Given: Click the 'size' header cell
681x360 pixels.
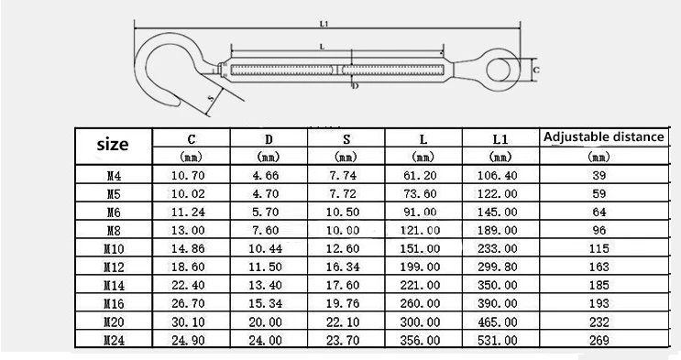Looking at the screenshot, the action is point(113,145).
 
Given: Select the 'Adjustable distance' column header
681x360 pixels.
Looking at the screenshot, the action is point(604,136).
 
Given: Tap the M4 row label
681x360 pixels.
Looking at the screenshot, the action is point(114,176).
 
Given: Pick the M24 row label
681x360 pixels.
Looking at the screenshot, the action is point(114,340).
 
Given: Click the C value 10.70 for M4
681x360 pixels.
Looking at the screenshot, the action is point(188,176).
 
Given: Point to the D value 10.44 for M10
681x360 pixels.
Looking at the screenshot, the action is point(266,249).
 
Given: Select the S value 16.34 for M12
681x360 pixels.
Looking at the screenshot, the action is point(343,267).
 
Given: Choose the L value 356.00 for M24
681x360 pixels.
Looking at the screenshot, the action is point(420,340).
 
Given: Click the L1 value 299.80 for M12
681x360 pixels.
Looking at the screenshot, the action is point(498,267).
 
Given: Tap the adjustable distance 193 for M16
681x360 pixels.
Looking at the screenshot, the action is point(599,303).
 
